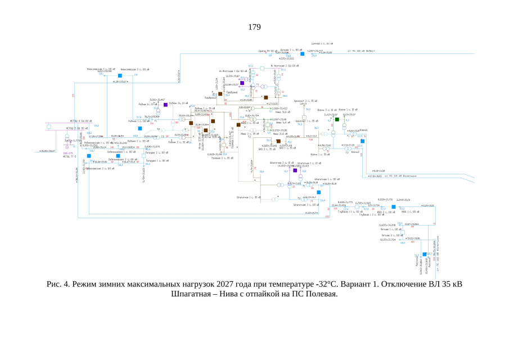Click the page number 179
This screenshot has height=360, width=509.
(x=254, y=27)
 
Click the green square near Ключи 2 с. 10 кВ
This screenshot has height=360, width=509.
(x=337, y=119)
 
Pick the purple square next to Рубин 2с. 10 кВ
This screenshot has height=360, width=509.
(x=165, y=105)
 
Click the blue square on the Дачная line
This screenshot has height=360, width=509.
(x=302, y=54)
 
